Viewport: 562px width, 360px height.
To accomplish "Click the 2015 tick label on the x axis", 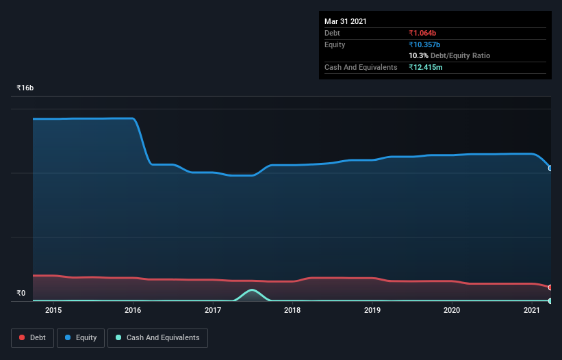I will click(x=53, y=310).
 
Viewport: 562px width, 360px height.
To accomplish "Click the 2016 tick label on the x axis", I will click(x=133, y=310).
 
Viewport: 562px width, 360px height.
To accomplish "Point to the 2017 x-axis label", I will click(x=213, y=310).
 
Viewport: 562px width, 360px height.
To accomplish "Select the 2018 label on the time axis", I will click(x=292, y=310).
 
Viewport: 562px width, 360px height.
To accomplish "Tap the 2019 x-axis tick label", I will click(x=372, y=310).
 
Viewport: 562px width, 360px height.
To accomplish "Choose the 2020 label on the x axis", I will click(x=452, y=310).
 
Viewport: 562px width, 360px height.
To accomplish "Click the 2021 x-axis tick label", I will click(x=532, y=310).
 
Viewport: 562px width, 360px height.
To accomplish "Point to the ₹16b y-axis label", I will click(x=25, y=88).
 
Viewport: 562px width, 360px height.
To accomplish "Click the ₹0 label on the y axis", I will click(x=21, y=293).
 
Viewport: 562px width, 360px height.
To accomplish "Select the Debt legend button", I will click(x=32, y=337).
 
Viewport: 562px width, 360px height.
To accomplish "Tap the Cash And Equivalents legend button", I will click(x=157, y=337).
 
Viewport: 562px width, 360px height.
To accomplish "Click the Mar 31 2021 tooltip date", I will click(x=346, y=21).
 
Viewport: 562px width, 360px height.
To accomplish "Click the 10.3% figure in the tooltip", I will click(x=418, y=55).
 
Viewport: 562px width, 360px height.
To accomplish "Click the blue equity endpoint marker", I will click(x=550, y=168).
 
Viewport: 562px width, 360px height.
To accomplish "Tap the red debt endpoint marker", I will click(x=550, y=287).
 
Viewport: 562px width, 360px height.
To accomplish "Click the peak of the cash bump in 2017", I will click(x=253, y=290).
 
